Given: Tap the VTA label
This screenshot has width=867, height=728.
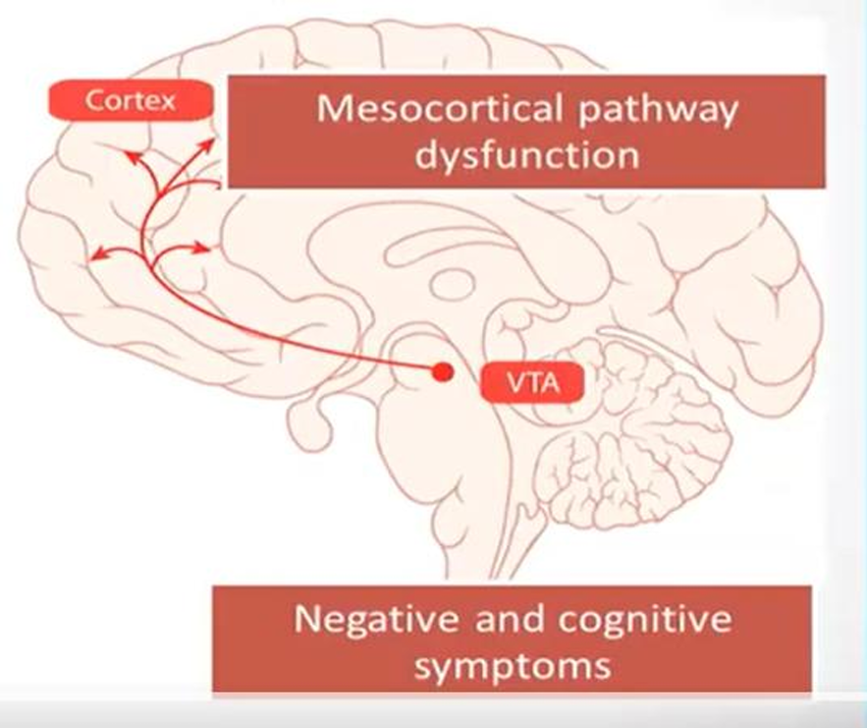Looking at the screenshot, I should (531, 382).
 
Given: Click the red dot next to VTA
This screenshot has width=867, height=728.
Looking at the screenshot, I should (444, 372).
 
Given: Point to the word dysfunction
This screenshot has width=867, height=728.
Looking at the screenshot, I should (526, 155).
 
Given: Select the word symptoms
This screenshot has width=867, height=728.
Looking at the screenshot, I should (512, 666).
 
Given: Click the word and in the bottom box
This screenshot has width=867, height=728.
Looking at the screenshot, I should (512, 621).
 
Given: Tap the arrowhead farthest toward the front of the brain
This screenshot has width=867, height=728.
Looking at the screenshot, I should (94, 257).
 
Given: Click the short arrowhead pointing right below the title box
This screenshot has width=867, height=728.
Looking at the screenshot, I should (205, 246).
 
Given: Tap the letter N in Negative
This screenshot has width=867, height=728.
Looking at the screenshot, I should (305, 621).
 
